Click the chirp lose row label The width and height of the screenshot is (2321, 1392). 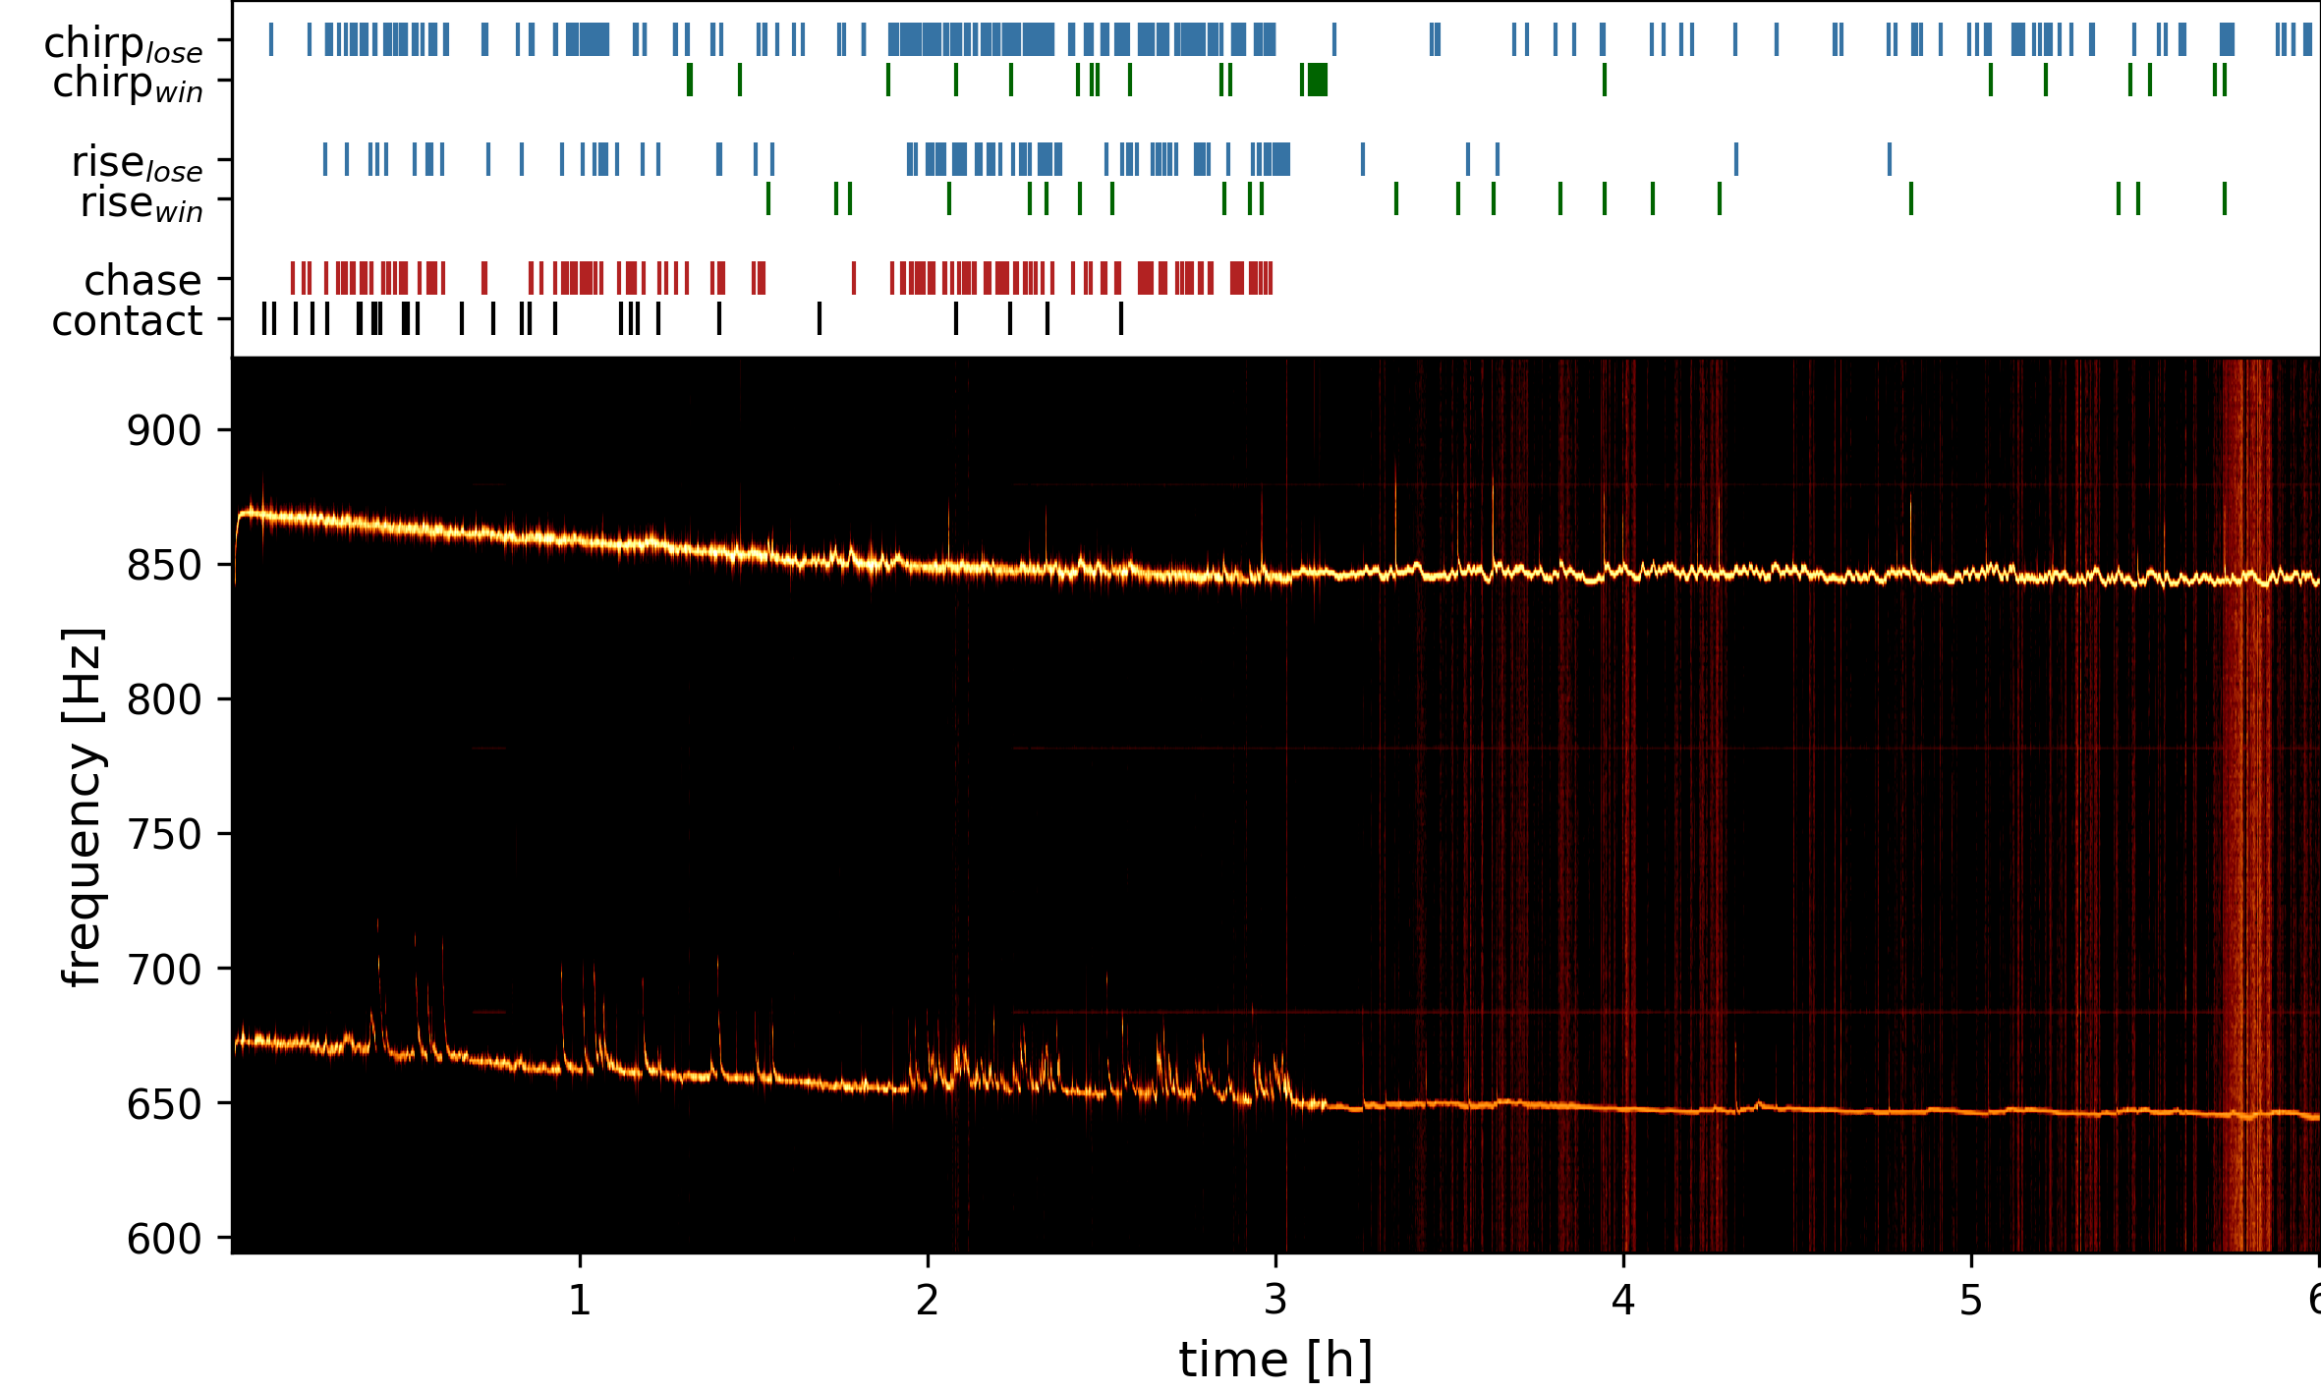click(123, 44)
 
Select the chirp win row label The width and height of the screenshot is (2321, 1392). click(127, 84)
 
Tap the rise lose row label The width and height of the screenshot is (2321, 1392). click(137, 163)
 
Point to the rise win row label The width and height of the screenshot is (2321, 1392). click(142, 203)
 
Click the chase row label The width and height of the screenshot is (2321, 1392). click(142, 281)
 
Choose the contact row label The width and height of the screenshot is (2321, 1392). click(127, 321)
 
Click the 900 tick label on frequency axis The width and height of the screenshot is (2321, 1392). click(164, 431)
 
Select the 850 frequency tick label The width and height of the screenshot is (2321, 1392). click(164, 566)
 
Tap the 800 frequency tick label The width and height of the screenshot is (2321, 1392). click(164, 700)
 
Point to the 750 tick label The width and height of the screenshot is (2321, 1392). click(164, 835)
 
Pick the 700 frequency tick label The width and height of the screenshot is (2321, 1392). click(164, 970)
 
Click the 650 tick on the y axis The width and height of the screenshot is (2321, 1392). click(164, 1105)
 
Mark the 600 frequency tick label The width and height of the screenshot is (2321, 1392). click(164, 1240)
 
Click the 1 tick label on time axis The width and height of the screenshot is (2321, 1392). click(580, 1301)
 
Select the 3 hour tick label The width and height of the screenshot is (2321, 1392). click(1275, 1301)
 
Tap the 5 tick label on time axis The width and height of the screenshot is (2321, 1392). click(1971, 1301)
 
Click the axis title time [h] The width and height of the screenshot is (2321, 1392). click(1275, 1361)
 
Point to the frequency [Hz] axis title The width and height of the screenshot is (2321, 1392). click(83, 806)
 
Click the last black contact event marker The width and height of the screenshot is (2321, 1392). click(1120, 318)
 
